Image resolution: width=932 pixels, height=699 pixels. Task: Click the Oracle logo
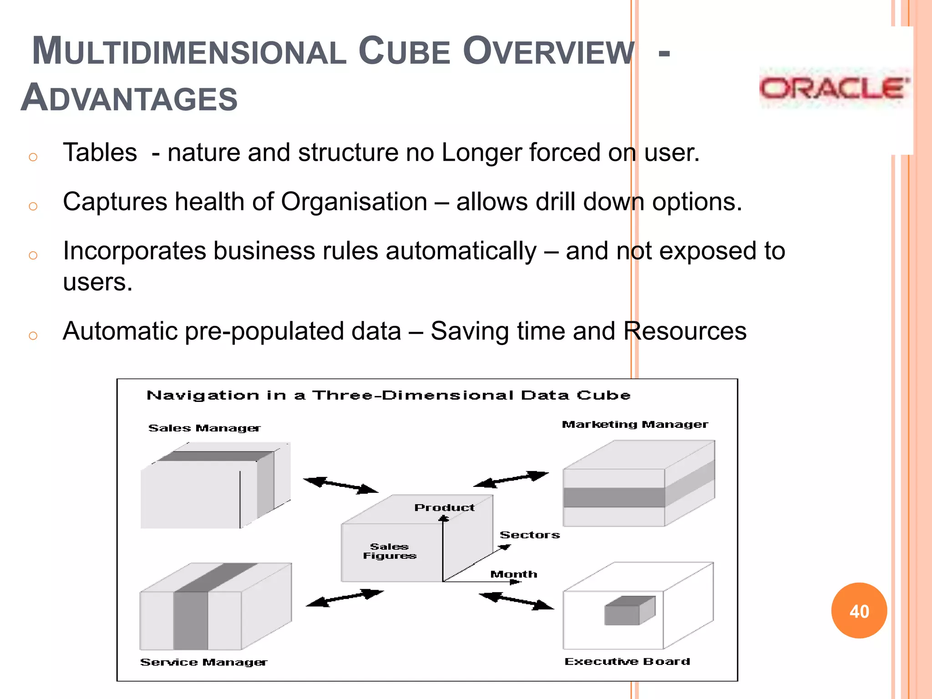834,88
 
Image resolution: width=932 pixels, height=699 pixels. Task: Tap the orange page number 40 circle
859,611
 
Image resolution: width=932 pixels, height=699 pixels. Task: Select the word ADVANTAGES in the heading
129,98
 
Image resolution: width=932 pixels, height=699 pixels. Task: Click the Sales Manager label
204,428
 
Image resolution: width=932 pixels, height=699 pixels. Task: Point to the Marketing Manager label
635,425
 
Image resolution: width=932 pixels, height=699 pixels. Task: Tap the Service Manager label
203,662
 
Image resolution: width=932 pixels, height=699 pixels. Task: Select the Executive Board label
627,661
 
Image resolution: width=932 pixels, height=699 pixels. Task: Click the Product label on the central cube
444,507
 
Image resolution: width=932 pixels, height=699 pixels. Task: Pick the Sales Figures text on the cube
390,551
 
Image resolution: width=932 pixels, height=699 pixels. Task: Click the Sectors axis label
529,535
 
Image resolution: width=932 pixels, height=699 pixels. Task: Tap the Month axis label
513,574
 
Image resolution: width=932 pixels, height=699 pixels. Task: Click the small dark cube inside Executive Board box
629,611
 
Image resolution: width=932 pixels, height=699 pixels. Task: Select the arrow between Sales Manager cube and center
340,485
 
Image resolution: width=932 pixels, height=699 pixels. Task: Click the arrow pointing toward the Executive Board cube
517,601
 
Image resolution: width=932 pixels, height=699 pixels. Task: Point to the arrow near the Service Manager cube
344,598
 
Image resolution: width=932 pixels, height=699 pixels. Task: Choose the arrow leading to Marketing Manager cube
511,479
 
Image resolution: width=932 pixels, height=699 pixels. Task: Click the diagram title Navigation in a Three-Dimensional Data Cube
389,395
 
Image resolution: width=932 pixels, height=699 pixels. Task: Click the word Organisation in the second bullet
354,202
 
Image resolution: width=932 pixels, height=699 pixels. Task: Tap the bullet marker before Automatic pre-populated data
33,336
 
